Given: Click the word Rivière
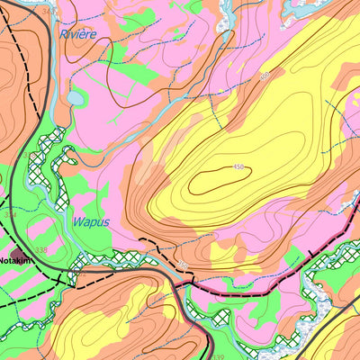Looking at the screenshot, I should tap(77, 34).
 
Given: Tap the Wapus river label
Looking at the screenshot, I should tap(91, 221).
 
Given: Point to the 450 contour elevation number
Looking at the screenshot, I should tap(238, 167).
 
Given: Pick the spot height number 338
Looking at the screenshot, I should tap(41, 250).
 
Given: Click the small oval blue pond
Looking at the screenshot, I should tap(76, 97).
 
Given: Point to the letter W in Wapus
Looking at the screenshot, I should tap(77, 221).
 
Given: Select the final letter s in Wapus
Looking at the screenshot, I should tap(106, 222).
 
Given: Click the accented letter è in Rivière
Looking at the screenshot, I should tap(86, 34).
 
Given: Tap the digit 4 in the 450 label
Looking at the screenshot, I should tap(235, 167).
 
